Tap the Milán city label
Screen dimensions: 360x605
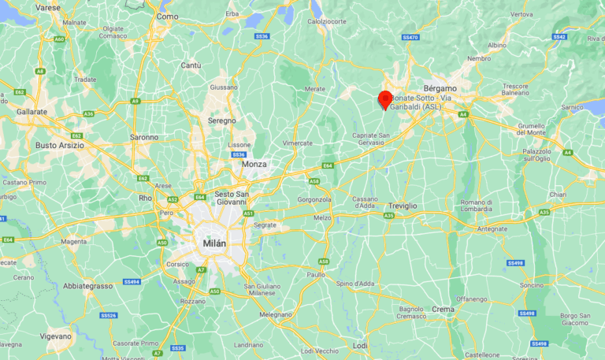pyautogui.click(x=214, y=243)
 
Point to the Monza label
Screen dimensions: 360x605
pyautogui.click(x=254, y=164)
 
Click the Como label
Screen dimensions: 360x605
pyautogui.click(x=167, y=16)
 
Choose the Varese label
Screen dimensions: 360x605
pyautogui.click(x=48, y=7)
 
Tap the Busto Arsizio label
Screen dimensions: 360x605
pyautogui.click(x=61, y=145)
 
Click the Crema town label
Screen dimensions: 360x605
pyautogui.click(x=442, y=310)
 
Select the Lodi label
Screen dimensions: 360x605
pyautogui.click(x=360, y=345)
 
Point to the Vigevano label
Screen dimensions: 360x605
pyautogui.click(x=55, y=336)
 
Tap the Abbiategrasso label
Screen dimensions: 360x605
pyautogui.click(x=87, y=286)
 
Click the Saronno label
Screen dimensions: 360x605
pyautogui.click(x=144, y=137)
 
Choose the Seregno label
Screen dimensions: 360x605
pyautogui.click(x=221, y=121)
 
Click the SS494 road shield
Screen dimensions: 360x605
pyautogui.click(x=132, y=281)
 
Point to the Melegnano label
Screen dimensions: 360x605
pyautogui.click(x=276, y=314)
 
